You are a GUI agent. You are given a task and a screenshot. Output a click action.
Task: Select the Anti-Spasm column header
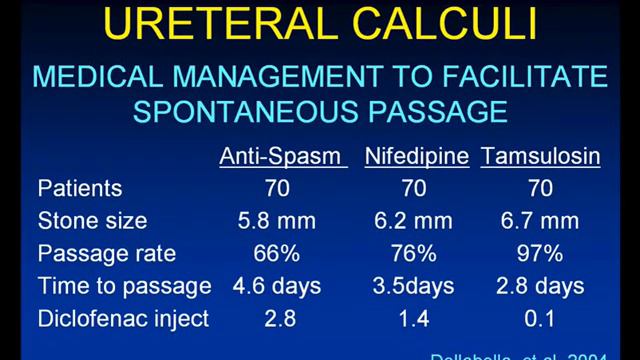pos(283,156)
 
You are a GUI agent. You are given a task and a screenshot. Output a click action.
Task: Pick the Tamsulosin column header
pos(539,156)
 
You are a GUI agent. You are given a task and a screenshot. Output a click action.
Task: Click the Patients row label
pos(79,187)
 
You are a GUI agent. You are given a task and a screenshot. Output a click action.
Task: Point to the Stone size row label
pos(91,220)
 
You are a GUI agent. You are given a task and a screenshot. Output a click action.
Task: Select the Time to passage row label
pos(124,286)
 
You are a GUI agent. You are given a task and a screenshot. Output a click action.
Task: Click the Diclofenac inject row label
pos(124,319)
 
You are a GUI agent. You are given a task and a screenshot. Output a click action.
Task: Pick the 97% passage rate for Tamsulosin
pos(540,253)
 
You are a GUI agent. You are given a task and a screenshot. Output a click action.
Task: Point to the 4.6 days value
pos(277,286)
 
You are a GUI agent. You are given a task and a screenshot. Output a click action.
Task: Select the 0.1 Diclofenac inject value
pos(540,319)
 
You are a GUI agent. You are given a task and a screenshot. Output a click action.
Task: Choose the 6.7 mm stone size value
pos(540,220)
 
